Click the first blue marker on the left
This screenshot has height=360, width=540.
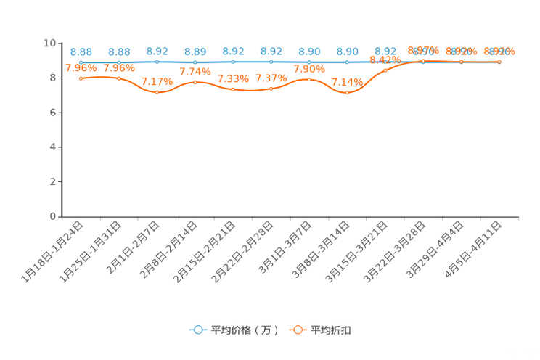(81, 62)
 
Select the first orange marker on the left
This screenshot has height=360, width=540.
(81, 78)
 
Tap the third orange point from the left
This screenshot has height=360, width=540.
(157, 92)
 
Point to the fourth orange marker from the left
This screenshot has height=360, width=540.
(195, 82)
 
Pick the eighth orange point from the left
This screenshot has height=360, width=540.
(348, 93)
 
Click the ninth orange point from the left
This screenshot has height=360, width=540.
(385, 70)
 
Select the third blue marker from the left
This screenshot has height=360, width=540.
(157, 62)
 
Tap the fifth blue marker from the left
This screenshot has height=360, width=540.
(233, 62)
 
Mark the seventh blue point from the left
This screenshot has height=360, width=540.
(310, 62)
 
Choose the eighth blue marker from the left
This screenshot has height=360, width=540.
(348, 62)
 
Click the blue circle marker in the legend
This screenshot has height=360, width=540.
(197, 330)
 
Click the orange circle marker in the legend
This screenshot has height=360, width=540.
(298, 330)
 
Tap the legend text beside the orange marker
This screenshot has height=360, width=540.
(332, 330)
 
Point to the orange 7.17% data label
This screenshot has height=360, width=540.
(157, 82)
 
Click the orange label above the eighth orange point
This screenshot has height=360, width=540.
(348, 82)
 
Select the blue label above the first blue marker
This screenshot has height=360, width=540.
(81, 52)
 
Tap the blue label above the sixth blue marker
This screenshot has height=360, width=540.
(271, 52)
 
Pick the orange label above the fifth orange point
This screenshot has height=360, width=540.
(233, 78)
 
